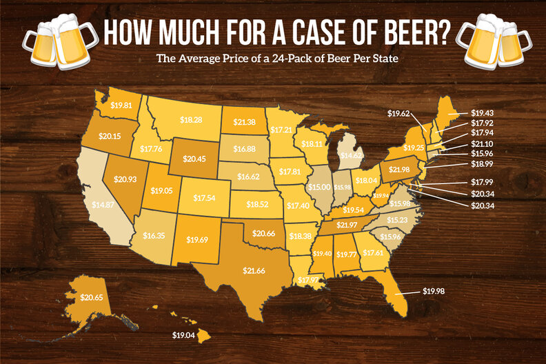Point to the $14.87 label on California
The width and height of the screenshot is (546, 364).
point(103,204)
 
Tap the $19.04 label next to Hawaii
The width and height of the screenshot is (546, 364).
point(184,336)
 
